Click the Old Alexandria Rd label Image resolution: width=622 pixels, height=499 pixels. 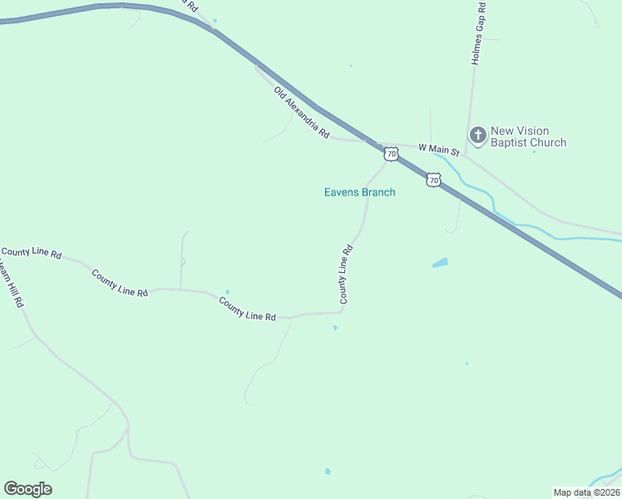click(x=302, y=115)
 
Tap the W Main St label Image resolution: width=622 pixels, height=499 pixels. click(x=438, y=149)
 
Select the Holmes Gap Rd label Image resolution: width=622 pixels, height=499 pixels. click(x=478, y=33)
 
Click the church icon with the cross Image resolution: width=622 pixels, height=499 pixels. click(x=478, y=135)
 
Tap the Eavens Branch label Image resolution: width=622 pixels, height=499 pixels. click(x=359, y=192)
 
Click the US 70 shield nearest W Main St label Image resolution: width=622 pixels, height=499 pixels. click(x=392, y=154)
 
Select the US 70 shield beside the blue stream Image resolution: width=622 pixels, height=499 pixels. click(x=433, y=180)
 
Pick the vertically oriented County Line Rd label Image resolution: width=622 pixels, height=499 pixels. click(x=345, y=274)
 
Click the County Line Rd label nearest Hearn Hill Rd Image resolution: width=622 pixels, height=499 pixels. click(x=32, y=253)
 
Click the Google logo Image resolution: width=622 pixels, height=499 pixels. click(x=27, y=489)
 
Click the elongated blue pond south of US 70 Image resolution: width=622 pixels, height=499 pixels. click(x=440, y=264)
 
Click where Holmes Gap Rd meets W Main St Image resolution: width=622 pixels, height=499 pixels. click(x=467, y=153)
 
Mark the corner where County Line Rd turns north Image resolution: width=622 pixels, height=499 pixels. click(x=342, y=312)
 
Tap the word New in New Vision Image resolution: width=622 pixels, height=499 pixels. click(x=502, y=131)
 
